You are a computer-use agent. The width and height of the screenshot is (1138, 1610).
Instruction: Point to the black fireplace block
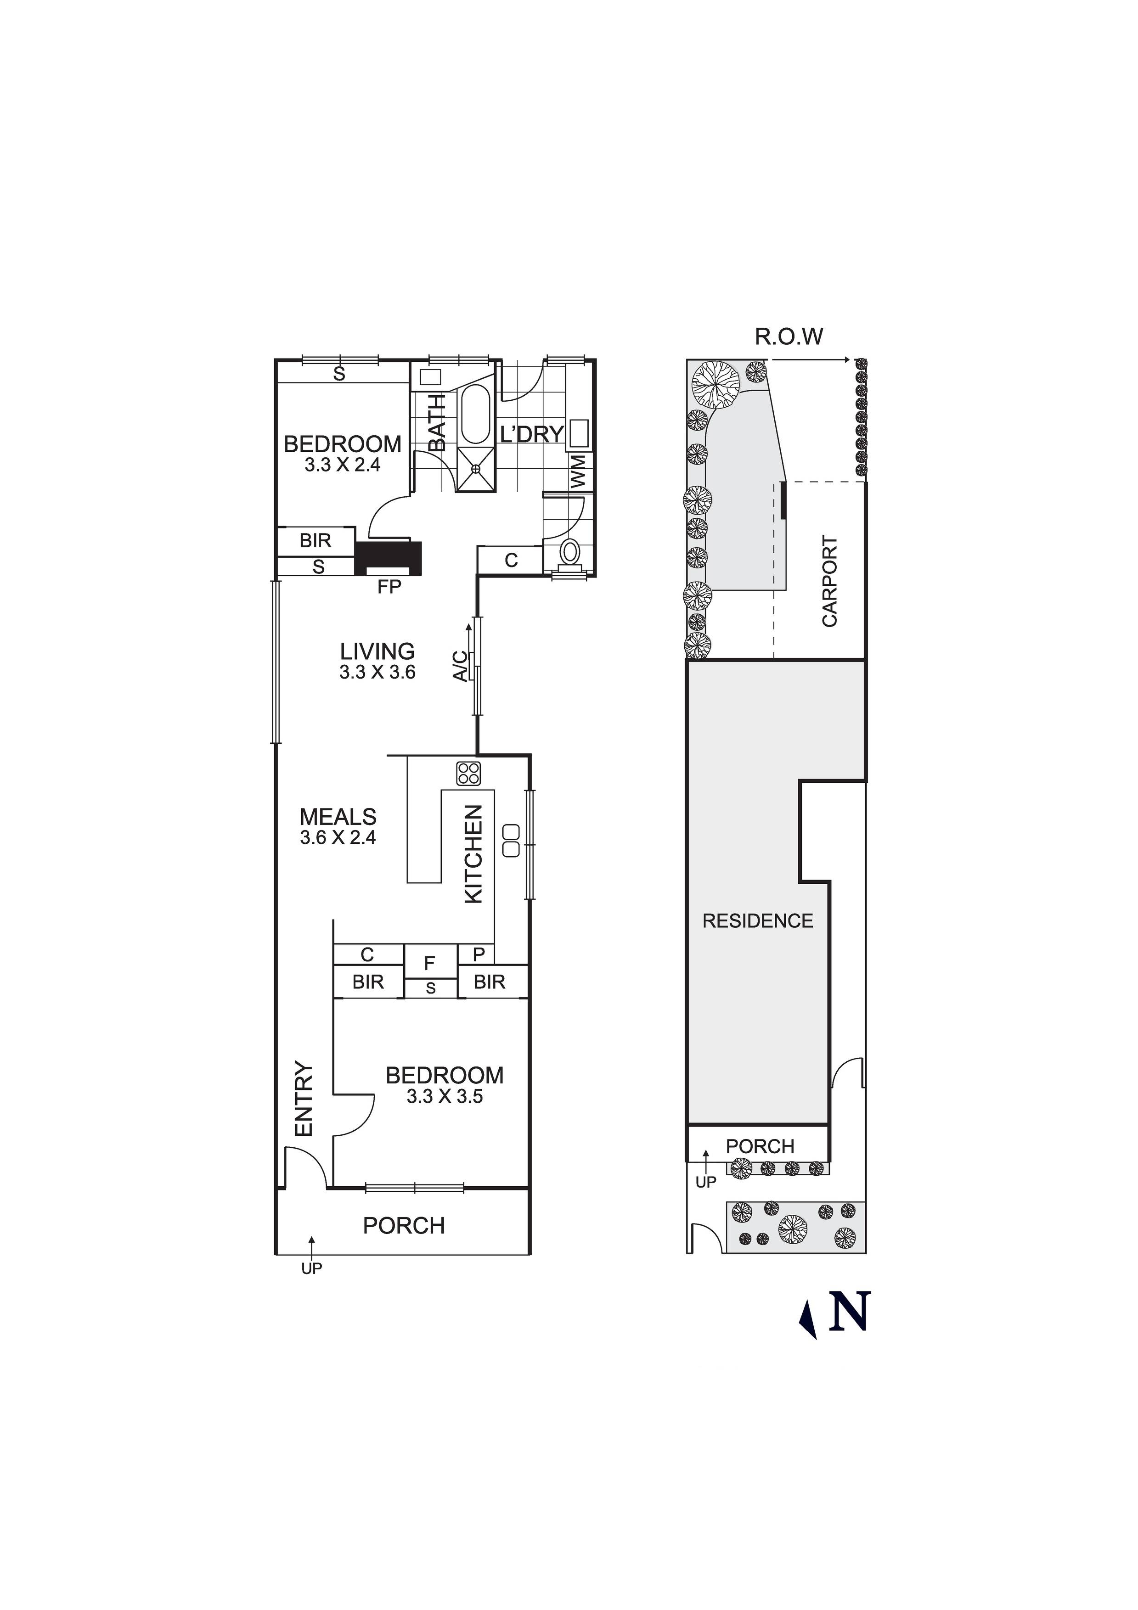pos(389,558)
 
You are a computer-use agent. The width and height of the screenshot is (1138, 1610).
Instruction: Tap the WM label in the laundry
pos(578,471)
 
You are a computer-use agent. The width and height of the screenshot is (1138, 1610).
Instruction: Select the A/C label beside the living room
pos(460,666)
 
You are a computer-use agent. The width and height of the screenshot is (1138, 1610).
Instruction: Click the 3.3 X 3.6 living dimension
pos(377,673)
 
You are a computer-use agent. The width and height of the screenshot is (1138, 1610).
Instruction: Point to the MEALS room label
pos(338,817)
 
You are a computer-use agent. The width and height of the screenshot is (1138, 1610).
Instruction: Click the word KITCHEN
pos(474,854)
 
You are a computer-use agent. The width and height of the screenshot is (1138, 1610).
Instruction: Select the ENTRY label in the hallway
pos(304,1099)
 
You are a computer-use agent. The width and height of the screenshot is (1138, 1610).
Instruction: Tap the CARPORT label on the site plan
pos(830,581)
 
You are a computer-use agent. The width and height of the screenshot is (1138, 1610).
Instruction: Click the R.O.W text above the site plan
pos(789,337)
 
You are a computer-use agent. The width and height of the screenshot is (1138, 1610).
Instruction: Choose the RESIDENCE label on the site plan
pos(758,921)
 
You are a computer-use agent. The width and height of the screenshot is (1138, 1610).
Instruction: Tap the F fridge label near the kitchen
pos(429,964)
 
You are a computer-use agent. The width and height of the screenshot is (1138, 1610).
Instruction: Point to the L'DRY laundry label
pos(532,435)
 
